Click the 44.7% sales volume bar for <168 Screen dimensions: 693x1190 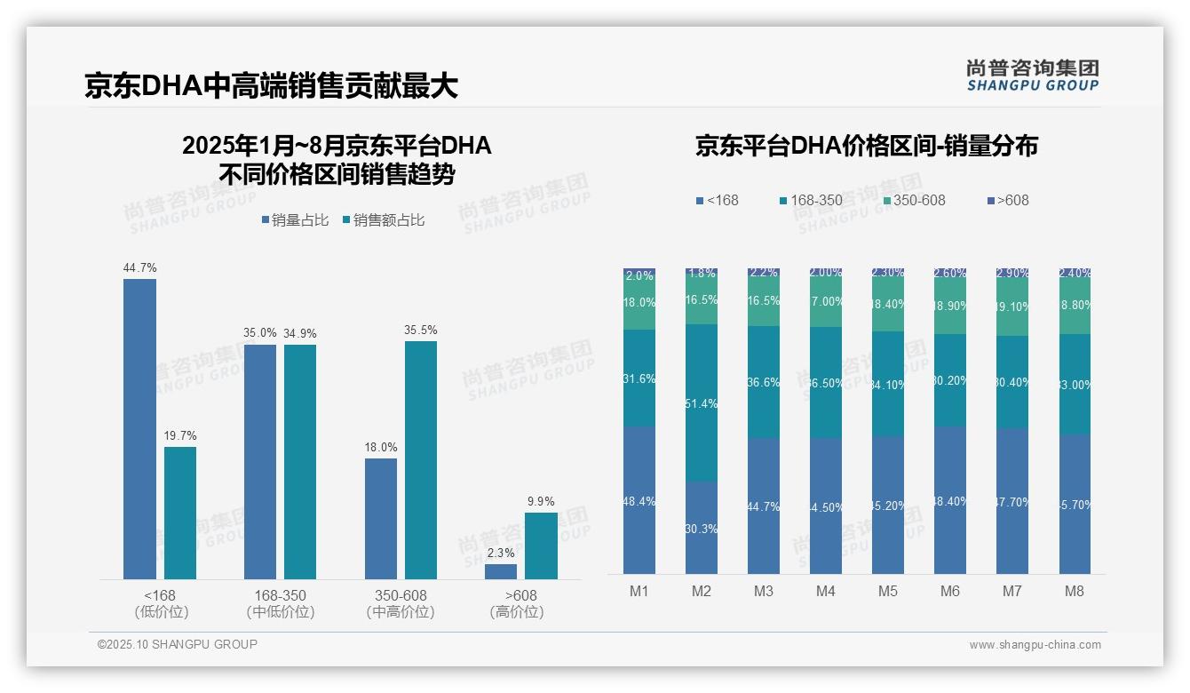point(139,429)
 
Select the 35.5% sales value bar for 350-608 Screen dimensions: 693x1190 point(420,460)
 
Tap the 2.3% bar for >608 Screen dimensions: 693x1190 point(501,571)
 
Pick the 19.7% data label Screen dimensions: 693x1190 point(180,436)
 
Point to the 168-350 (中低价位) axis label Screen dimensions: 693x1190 point(280,603)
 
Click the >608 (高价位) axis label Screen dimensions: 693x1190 point(516,603)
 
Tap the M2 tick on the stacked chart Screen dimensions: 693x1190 point(702,591)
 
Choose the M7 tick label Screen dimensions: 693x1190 point(1012,591)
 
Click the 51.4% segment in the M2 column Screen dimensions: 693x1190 point(702,402)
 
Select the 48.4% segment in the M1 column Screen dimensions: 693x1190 point(639,500)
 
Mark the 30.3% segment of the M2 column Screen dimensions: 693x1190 point(702,528)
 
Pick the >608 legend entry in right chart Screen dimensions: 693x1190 point(1008,200)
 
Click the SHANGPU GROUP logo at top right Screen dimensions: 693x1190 point(1033,76)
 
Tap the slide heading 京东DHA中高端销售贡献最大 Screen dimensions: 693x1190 point(271,85)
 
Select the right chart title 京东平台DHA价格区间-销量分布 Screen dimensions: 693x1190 point(866,146)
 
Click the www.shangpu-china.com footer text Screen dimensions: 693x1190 point(1035,645)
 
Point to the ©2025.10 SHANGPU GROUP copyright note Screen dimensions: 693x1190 point(178,644)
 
